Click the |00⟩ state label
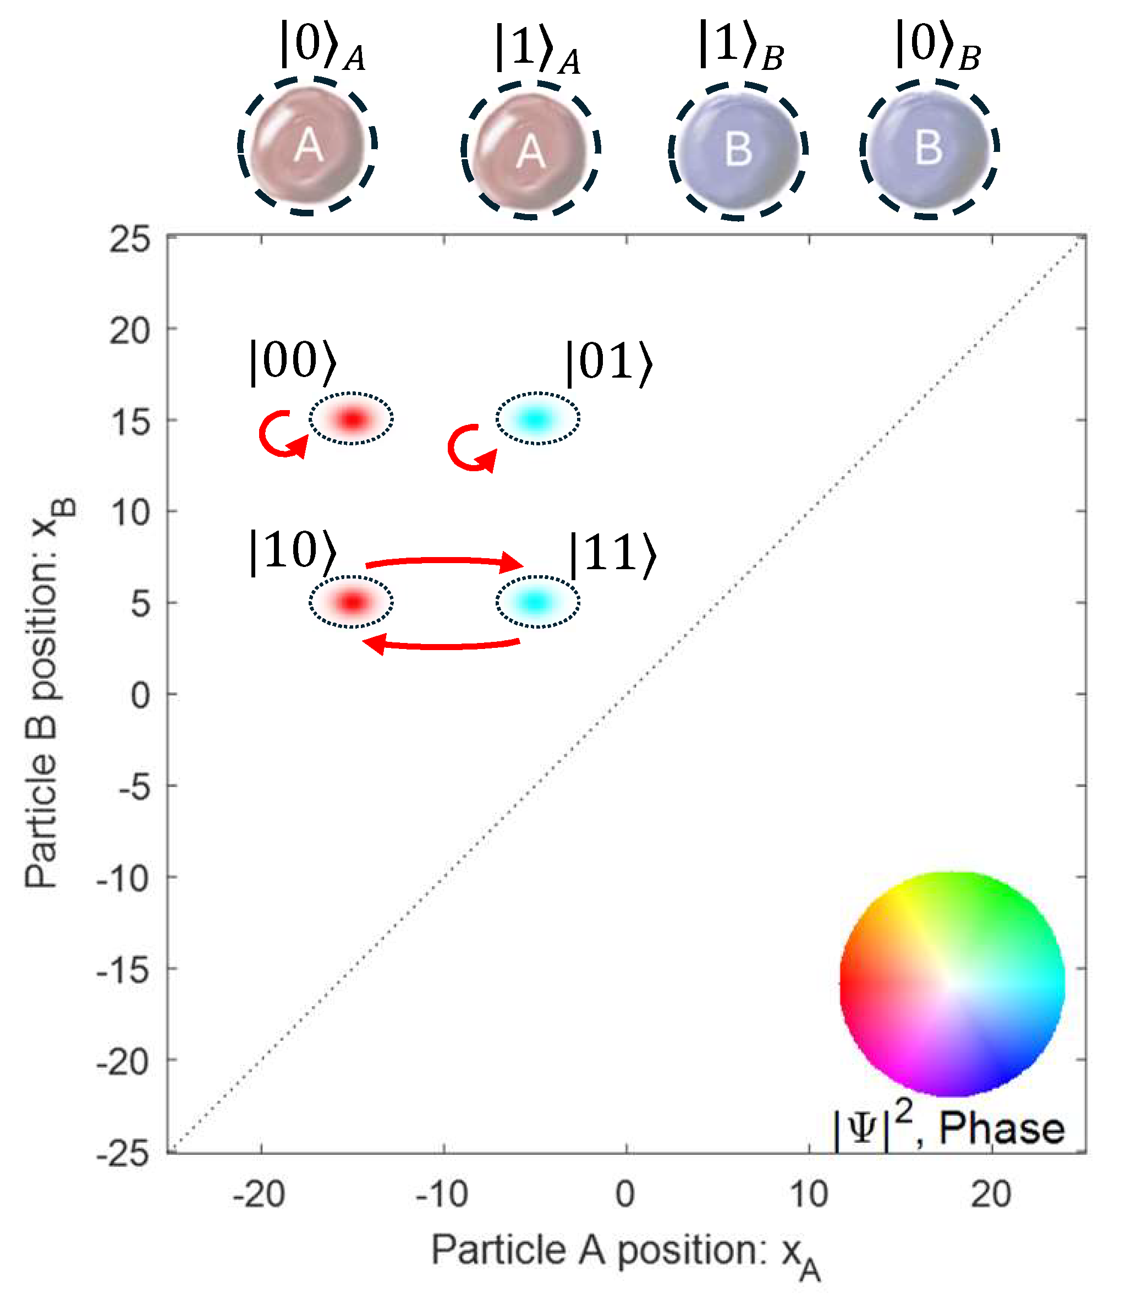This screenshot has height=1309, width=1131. coord(293,362)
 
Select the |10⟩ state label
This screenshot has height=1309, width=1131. coord(293,552)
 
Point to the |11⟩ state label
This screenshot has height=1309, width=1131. coord(613,554)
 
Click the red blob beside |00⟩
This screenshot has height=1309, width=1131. coord(352,418)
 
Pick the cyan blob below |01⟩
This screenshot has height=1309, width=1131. coord(537,418)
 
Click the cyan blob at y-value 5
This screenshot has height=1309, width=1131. coord(537,602)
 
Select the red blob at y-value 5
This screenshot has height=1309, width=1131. coord(352,602)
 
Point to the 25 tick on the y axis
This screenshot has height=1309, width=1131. coord(130,240)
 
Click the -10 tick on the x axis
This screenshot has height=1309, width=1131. coord(442,1194)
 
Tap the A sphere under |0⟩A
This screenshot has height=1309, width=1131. coord(308,146)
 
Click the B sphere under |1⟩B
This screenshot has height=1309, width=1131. coord(738,150)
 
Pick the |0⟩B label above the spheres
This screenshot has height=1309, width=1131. coord(938,46)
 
